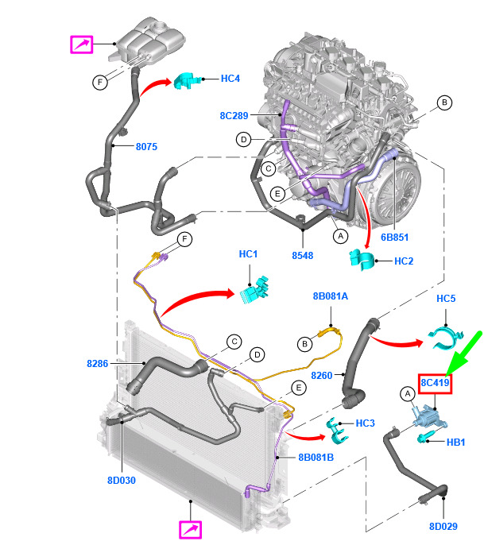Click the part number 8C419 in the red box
[x=435, y=383]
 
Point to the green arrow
[x=463, y=354]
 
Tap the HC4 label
[x=230, y=79]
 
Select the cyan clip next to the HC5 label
[x=445, y=337]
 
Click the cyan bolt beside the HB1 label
[x=426, y=437]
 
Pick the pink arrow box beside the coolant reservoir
[x=82, y=44]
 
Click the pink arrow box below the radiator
[x=190, y=530]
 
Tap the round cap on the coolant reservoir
[x=161, y=26]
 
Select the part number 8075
[x=146, y=147]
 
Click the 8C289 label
[x=234, y=115]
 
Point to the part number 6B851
[x=394, y=238]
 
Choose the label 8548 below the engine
[x=302, y=256]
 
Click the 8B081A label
[x=331, y=296]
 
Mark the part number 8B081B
[x=316, y=458]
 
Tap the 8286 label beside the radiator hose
[x=98, y=364]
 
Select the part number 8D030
[x=122, y=481]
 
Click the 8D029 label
[x=443, y=527]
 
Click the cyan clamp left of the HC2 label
[x=362, y=260]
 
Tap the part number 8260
[x=322, y=375]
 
